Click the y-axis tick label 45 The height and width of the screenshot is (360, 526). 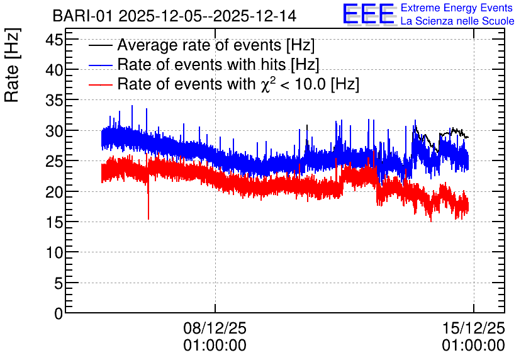54,40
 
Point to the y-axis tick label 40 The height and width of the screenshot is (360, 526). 54,70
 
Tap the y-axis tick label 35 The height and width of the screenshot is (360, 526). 54,101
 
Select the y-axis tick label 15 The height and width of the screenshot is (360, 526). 54,222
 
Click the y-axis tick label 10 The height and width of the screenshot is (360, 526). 54,253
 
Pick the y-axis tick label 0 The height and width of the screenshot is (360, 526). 59,314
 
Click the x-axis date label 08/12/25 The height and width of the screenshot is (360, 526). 215,328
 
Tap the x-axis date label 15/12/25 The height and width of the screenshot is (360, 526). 474,328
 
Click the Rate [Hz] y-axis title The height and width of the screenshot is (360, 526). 12,65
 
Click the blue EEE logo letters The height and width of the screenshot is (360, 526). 369,14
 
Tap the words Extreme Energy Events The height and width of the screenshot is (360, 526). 457,8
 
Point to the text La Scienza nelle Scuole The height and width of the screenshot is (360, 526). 457,21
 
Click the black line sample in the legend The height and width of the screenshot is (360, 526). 101,45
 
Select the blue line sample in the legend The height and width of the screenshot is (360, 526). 101,65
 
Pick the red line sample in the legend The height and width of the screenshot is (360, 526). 101,84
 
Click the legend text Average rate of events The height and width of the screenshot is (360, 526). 199,45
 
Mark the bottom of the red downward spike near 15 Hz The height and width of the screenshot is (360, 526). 148,220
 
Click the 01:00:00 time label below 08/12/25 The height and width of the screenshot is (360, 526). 215,346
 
